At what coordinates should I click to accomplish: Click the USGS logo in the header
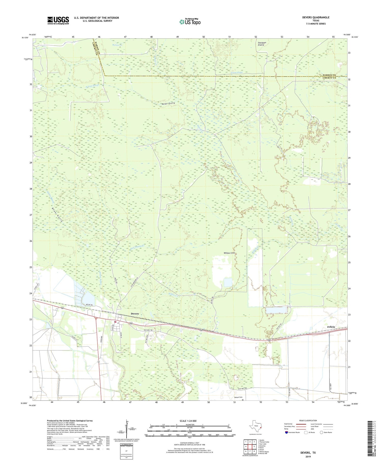click(x=58, y=20)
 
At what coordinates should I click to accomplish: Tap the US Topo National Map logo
click(x=190, y=22)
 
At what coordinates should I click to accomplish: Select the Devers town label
click(x=135, y=313)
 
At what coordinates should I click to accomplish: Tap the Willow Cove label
click(x=229, y=253)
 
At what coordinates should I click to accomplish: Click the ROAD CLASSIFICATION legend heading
click(x=308, y=420)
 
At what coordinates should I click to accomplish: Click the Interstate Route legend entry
click(x=292, y=432)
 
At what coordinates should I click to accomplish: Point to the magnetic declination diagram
click(x=126, y=428)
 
